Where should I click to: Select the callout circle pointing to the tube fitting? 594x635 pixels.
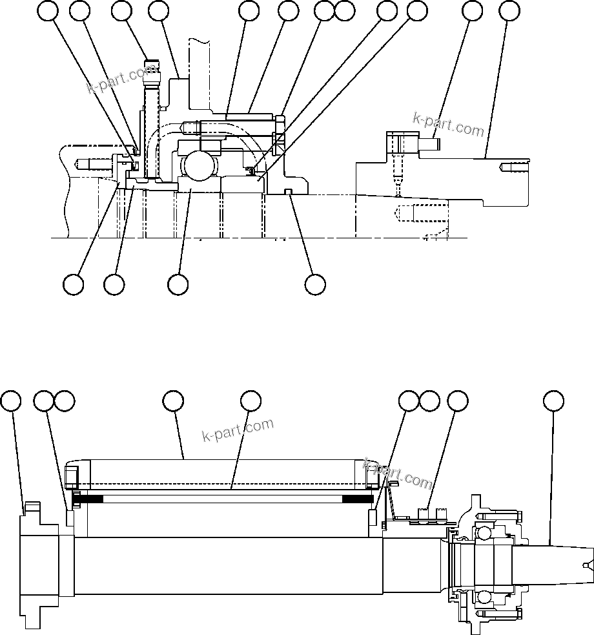click(x=122, y=11)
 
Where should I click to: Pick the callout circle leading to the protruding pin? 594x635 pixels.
click(x=473, y=11)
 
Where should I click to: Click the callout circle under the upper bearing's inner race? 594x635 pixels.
click(x=178, y=284)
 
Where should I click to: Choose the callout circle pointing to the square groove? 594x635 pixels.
click(x=315, y=284)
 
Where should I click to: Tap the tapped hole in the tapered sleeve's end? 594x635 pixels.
click(x=510, y=169)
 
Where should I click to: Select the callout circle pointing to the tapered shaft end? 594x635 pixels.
click(x=552, y=401)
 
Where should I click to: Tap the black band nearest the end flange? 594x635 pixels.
click(x=88, y=499)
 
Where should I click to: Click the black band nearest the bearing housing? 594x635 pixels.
click(x=357, y=499)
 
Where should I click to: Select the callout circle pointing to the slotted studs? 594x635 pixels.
click(x=458, y=401)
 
